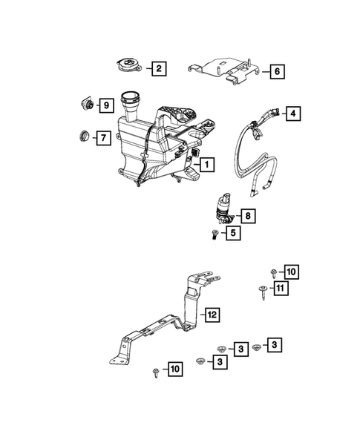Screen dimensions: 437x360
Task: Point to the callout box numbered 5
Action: click(x=232, y=233)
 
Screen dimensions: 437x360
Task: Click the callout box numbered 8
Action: click(x=248, y=216)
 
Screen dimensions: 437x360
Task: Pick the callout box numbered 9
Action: click(x=105, y=105)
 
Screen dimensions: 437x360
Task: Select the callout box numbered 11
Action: click(x=281, y=288)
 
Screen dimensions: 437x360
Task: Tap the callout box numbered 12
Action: click(x=212, y=315)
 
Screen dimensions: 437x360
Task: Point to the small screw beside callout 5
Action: click(x=214, y=234)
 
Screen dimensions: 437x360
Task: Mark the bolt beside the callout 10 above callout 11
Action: click(x=274, y=272)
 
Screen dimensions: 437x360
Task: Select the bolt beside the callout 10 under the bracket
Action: click(x=154, y=370)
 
